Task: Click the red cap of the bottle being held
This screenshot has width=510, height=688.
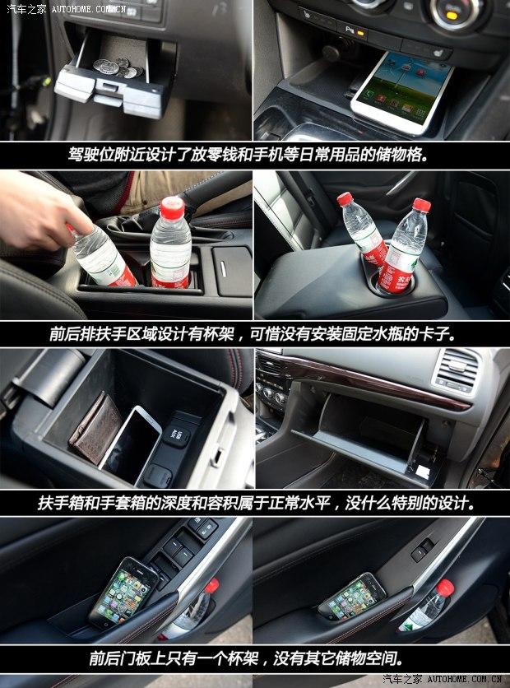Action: pos(81,221)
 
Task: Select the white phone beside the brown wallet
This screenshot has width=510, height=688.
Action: pos(132,440)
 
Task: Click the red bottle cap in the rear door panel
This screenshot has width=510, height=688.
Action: pos(443,588)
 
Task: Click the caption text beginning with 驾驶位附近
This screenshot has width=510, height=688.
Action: pos(254,154)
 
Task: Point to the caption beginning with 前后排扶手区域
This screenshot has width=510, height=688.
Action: pos(254,334)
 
